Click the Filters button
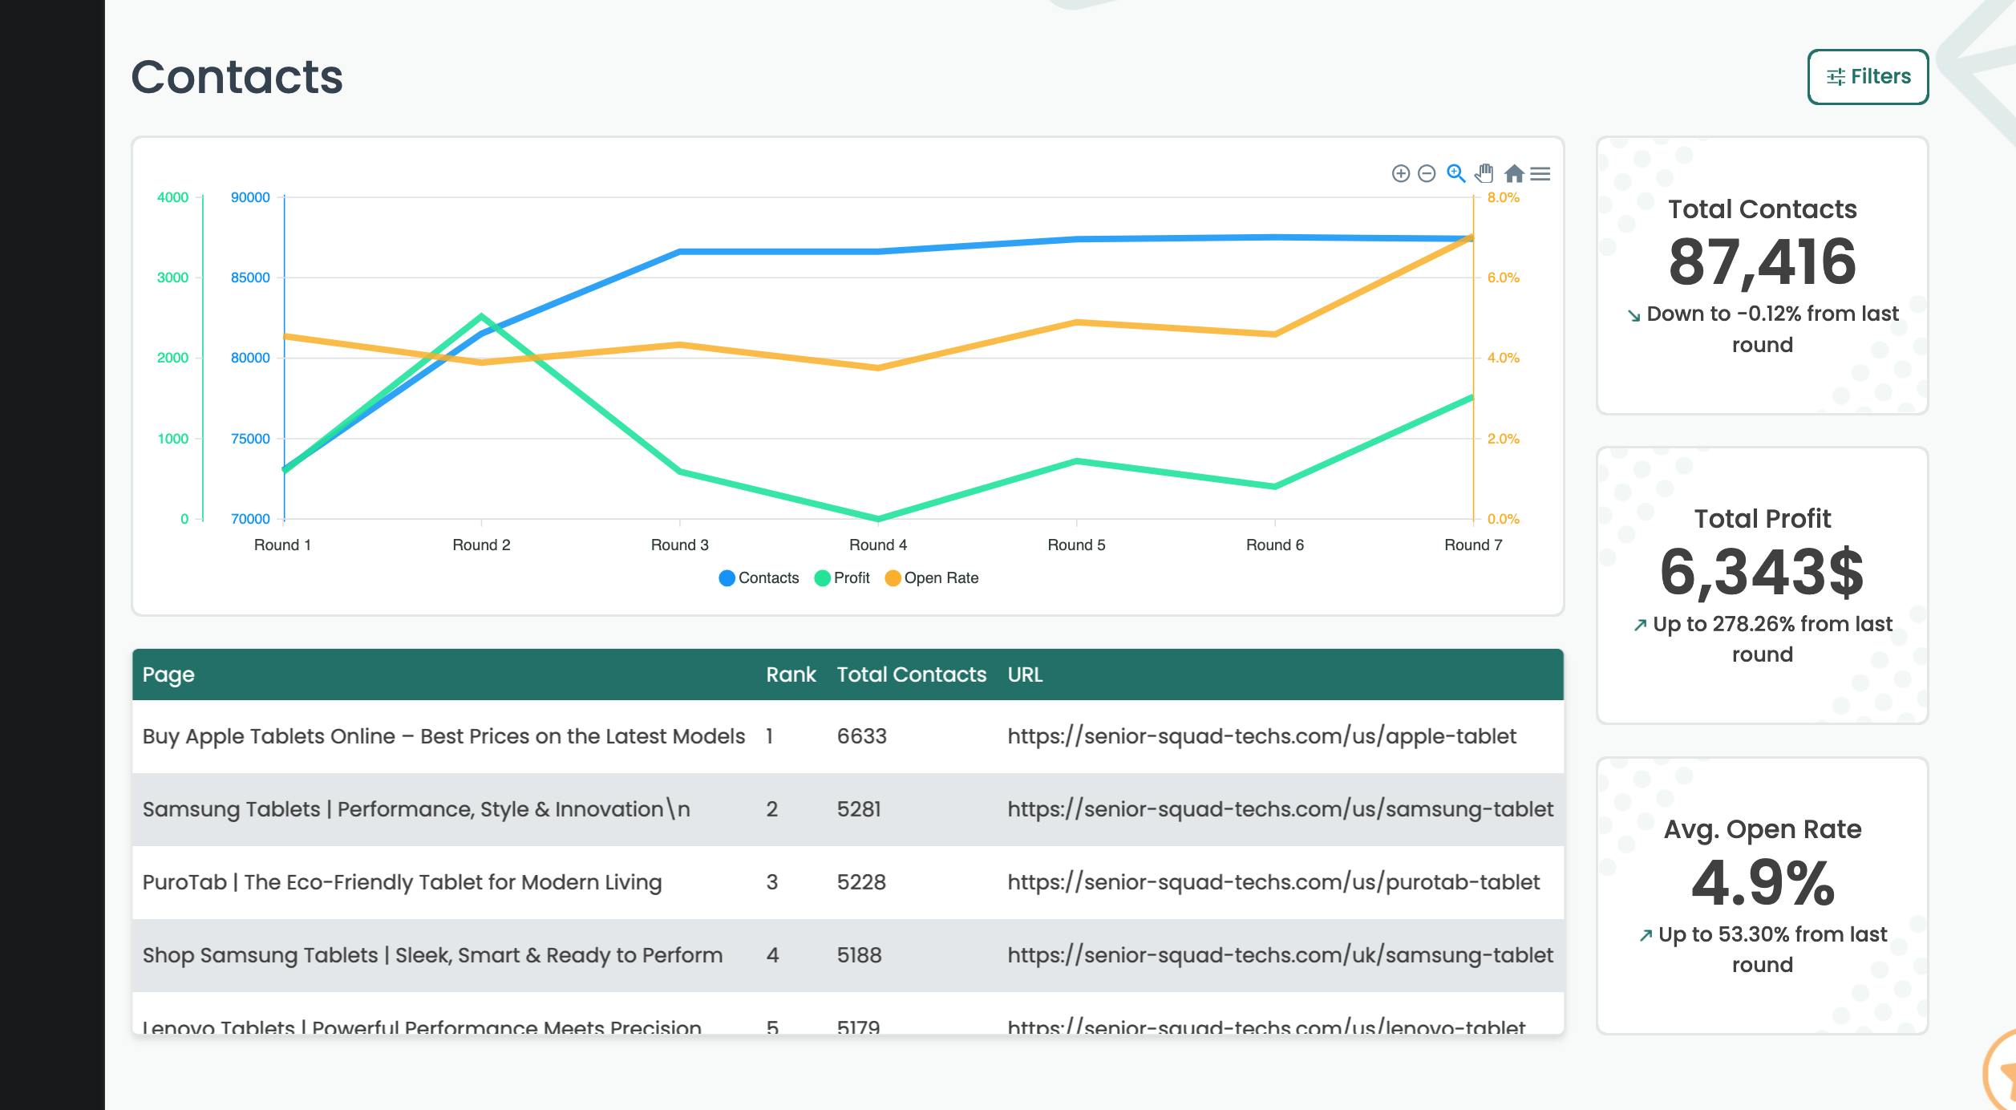pyautogui.click(x=1868, y=77)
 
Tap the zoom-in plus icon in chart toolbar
pyautogui.click(x=1400, y=173)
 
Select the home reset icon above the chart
pyautogui.click(x=1513, y=173)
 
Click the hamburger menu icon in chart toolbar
pyautogui.click(x=1540, y=173)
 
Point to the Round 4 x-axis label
pyautogui.click(x=878, y=545)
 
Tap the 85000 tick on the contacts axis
pyautogui.click(x=250, y=277)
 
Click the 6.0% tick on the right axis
pyautogui.click(x=1503, y=277)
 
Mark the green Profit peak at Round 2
pyautogui.click(x=481, y=315)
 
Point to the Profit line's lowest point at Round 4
pyautogui.click(x=878, y=518)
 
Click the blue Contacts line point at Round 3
pyautogui.click(x=680, y=252)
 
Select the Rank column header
pyautogui.click(x=791, y=675)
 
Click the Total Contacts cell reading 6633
pyautogui.click(x=861, y=736)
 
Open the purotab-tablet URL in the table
pyautogui.click(x=1273, y=882)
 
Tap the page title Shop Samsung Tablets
pyautogui.click(x=432, y=955)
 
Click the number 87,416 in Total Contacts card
pyautogui.click(x=1762, y=262)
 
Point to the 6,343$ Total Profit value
pyautogui.click(x=1762, y=572)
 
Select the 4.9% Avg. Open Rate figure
pyautogui.click(x=1762, y=883)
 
